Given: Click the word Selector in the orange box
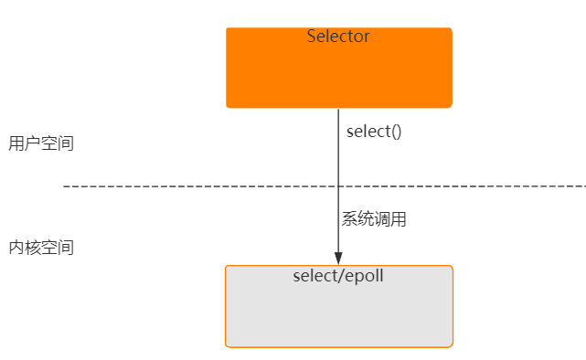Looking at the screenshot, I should click(x=338, y=37).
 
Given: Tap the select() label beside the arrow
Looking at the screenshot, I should click(x=374, y=132).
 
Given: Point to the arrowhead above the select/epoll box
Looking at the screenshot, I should click(x=338, y=258).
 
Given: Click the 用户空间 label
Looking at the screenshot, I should click(x=41, y=143).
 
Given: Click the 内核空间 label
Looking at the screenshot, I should click(x=41, y=248).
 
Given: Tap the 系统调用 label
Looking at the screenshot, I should click(x=374, y=219).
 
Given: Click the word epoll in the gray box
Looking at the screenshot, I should click(x=365, y=276).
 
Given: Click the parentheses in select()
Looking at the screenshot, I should click(x=396, y=132).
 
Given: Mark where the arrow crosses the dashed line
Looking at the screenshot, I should click(x=338, y=186).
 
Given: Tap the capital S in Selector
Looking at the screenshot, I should click(x=312, y=37).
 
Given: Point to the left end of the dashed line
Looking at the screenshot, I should click(x=65, y=186).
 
